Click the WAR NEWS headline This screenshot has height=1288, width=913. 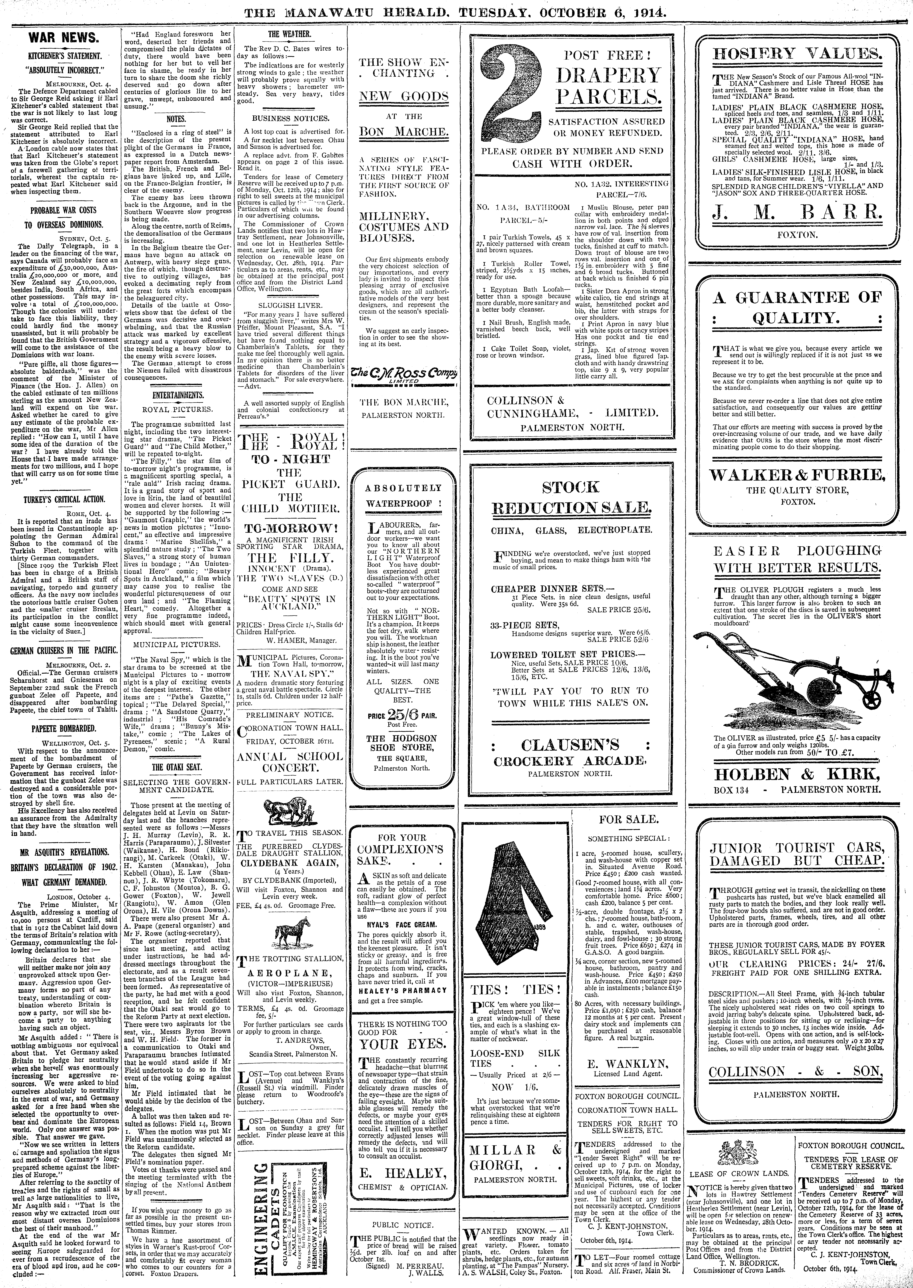(64, 39)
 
